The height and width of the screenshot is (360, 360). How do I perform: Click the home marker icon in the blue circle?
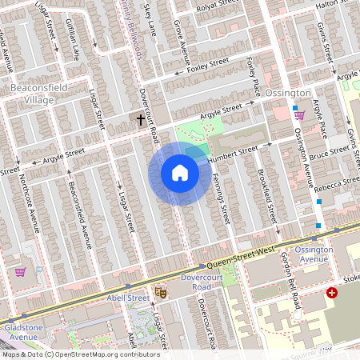(180, 173)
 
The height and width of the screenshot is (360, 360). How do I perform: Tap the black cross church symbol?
(141, 120)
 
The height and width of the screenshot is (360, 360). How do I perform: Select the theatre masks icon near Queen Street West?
(160, 293)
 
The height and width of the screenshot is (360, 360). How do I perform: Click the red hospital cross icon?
(331, 294)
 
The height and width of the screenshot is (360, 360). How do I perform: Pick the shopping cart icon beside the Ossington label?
(299, 114)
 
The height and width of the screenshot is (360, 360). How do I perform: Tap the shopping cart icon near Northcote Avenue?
(20, 272)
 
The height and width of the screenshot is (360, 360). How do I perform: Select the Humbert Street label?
(233, 153)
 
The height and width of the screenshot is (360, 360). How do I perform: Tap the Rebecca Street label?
(336, 186)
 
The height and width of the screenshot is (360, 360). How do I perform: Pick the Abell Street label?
(128, 298)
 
